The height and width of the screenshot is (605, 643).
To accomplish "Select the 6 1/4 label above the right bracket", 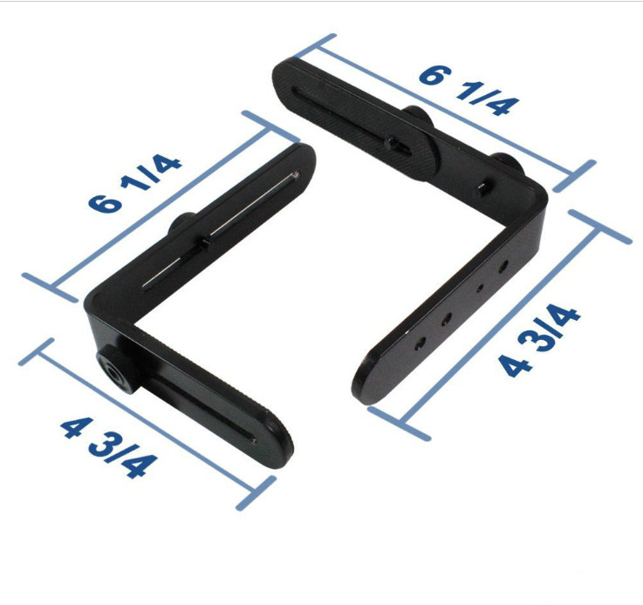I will [469, 89].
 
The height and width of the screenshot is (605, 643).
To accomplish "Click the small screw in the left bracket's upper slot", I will [202, 243].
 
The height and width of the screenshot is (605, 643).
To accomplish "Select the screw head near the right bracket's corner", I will [484, 186].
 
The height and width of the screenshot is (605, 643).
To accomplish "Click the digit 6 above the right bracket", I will [430, 73].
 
